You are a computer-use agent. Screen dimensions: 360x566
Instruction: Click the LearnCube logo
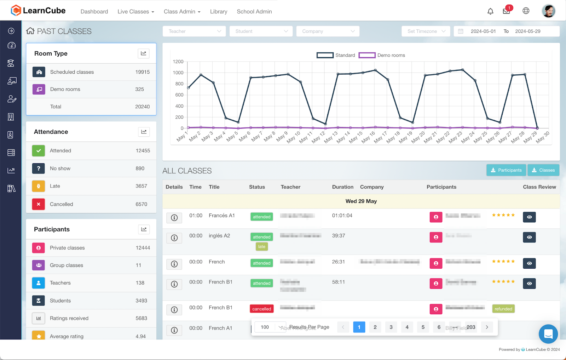[x=38, y=11]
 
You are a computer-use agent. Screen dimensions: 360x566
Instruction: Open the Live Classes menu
[x=135, y=12]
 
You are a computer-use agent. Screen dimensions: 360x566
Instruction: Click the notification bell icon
[x=490, y=11]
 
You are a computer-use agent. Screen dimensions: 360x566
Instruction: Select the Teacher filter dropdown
[x=194, y=31]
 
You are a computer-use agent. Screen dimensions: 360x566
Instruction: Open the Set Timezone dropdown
[x=426, y=31]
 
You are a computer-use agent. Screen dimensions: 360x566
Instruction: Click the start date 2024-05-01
[x=483, y=31]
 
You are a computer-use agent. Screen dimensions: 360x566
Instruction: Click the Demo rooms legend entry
[x=382, y=55]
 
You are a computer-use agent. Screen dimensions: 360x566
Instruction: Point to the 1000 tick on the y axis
[x=178, y=73]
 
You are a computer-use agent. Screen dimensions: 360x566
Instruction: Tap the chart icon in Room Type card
[x=143, y=53]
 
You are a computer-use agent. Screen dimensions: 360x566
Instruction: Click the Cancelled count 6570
[x=141, y=204]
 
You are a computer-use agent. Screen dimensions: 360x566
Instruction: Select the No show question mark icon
[x=39, y=168]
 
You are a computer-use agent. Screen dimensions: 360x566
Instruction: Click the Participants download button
[x=506, y=170]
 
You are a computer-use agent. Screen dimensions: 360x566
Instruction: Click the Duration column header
[x=342, y=187]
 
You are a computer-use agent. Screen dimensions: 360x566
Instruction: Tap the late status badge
[x=261, y=247]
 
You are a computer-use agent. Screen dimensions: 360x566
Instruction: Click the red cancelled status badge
[x=261, y=309]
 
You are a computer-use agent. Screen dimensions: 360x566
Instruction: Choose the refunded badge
[x=503, y=309]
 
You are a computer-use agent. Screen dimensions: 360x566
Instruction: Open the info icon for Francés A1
[x=174, y=218]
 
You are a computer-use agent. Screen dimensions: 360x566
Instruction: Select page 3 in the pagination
[x=391, y=327]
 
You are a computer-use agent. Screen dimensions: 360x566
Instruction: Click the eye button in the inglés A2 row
[x=529, y=237]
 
